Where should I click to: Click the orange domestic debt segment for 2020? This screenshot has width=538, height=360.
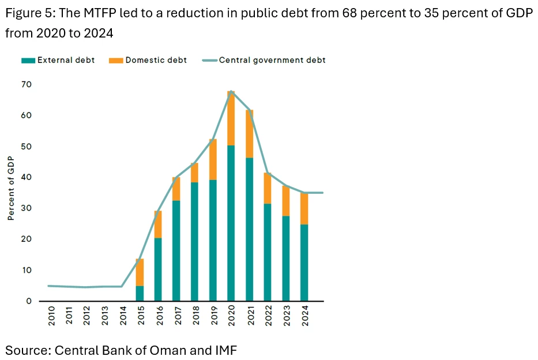[x=231, y=118]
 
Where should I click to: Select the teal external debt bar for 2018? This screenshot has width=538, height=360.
[x=194, y=241]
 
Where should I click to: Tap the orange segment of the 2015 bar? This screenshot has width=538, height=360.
[x=140, y=272]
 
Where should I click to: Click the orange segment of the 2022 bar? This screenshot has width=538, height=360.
[x=268, y=188]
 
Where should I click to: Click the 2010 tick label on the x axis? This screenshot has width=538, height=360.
[x=51, y=317]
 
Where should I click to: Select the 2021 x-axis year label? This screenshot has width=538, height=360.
[x=250, y=317]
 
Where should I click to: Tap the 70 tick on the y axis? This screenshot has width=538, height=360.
[x=27, y=85]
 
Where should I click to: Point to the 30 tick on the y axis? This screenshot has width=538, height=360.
[x=27, y=208]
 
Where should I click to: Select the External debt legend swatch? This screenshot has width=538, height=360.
[x=28, y=60]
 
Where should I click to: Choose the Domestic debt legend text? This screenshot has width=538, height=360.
[x=156, y=60]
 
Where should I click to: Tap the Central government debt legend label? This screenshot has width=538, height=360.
[x=272, y=60]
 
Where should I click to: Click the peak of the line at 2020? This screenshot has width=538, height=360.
[x=231, y=91]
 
